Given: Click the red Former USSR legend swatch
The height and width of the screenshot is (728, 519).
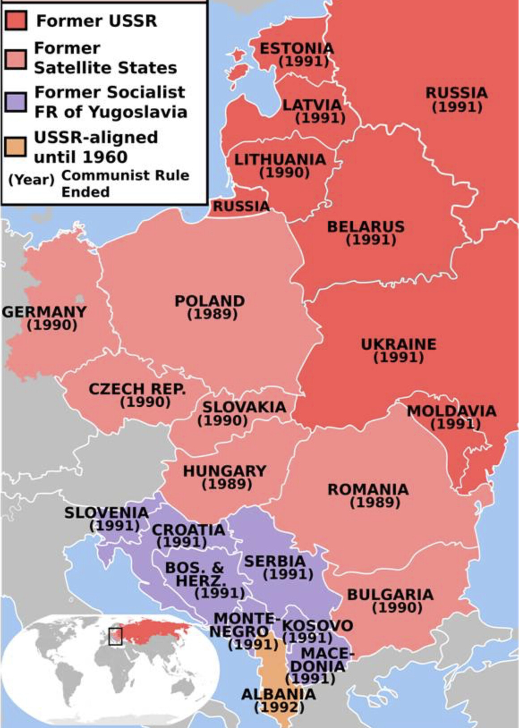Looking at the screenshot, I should coord(16,21).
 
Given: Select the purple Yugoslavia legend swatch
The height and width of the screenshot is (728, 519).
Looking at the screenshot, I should coord(16,102).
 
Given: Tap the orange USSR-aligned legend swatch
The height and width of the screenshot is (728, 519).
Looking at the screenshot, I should coord(16,147).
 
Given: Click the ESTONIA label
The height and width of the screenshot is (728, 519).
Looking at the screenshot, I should coord(297,48).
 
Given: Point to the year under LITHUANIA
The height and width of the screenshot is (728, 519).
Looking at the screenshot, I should coord(285,172).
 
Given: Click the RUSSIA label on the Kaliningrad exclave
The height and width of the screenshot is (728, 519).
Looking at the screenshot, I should coord(241,206).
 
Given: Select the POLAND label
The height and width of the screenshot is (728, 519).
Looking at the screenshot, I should coord(209,301).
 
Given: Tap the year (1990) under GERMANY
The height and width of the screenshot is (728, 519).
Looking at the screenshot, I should coord(52,325).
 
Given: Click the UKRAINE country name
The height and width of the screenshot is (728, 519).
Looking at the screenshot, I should coord(399,344).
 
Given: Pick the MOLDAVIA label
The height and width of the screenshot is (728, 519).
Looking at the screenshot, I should coord(451,411).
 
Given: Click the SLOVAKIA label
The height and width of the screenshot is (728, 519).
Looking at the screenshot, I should coord(244,407).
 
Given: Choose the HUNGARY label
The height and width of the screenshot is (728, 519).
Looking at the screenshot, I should coord(225,471).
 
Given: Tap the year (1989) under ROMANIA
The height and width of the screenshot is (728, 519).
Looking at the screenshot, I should coord(375,502).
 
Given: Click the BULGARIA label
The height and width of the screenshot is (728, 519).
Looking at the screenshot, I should coord(391,594).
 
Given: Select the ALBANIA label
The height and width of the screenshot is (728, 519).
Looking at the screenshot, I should coord(278,694).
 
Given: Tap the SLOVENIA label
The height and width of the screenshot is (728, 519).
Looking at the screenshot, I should coord(106,512).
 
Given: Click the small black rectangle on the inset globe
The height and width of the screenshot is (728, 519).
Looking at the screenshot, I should coord(115,636).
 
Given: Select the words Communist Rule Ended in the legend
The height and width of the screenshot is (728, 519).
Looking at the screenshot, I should coord(125,183).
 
